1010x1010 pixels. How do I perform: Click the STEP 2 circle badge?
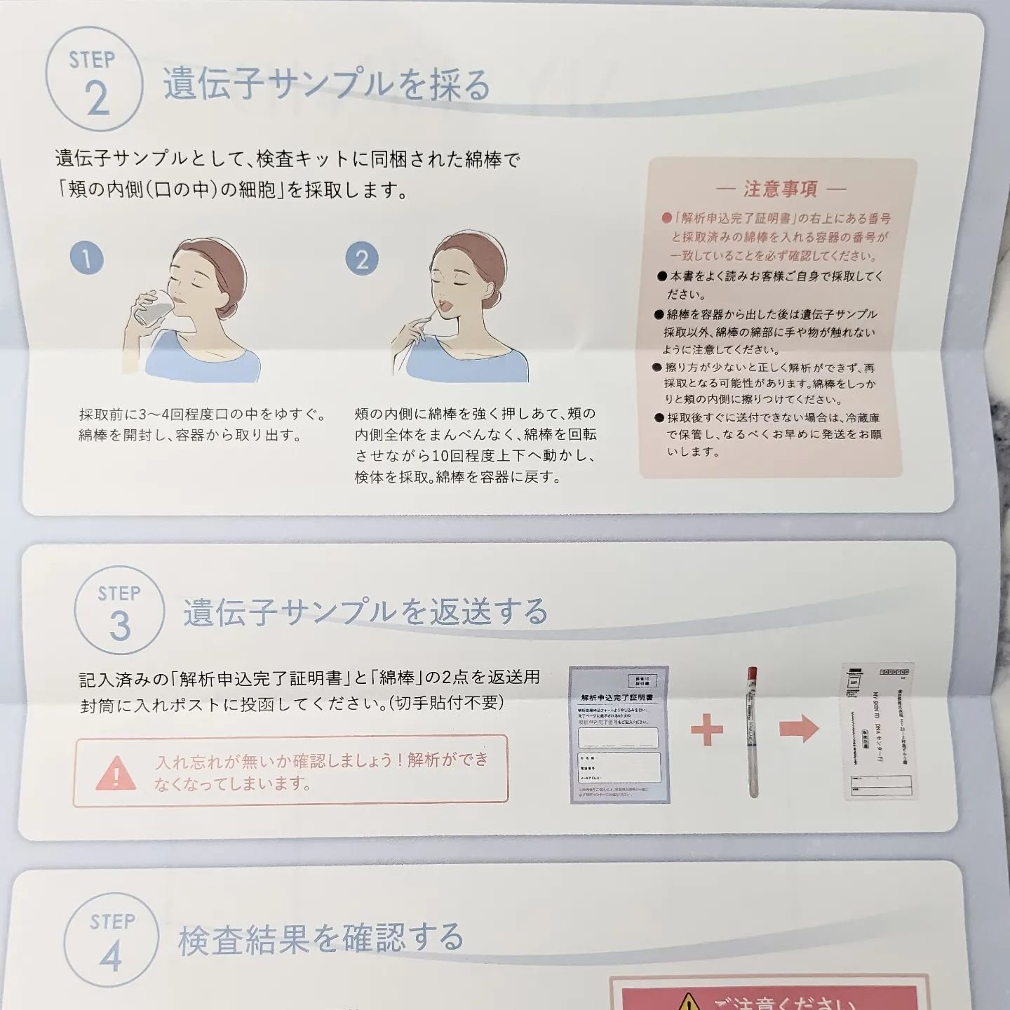(94, 79)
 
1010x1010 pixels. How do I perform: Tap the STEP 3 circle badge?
(119, 610)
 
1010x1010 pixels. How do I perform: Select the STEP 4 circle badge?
(111, 938)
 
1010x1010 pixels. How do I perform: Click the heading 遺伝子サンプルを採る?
(326, 85)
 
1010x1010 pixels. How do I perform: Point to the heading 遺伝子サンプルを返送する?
(365, 612)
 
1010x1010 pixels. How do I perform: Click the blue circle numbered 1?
(87, 258)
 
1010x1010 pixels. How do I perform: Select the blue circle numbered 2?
(362, 259)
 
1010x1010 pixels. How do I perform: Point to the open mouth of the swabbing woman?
(446, 304)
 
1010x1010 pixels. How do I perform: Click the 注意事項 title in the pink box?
(781, 189)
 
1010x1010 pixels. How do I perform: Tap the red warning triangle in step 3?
(116, 772)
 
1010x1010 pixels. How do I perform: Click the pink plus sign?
(706, 729)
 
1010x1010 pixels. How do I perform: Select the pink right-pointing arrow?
(799, 729)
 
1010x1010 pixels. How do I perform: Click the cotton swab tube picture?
(753, 731)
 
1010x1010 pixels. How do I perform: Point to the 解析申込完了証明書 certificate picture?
(619, 734)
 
